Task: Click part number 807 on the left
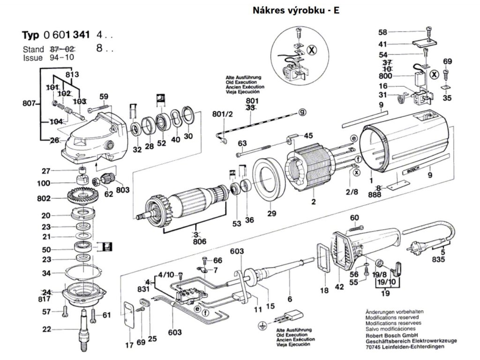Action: point(30,104)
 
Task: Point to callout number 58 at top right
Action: point(383,32)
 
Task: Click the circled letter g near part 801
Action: point(303,112)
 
